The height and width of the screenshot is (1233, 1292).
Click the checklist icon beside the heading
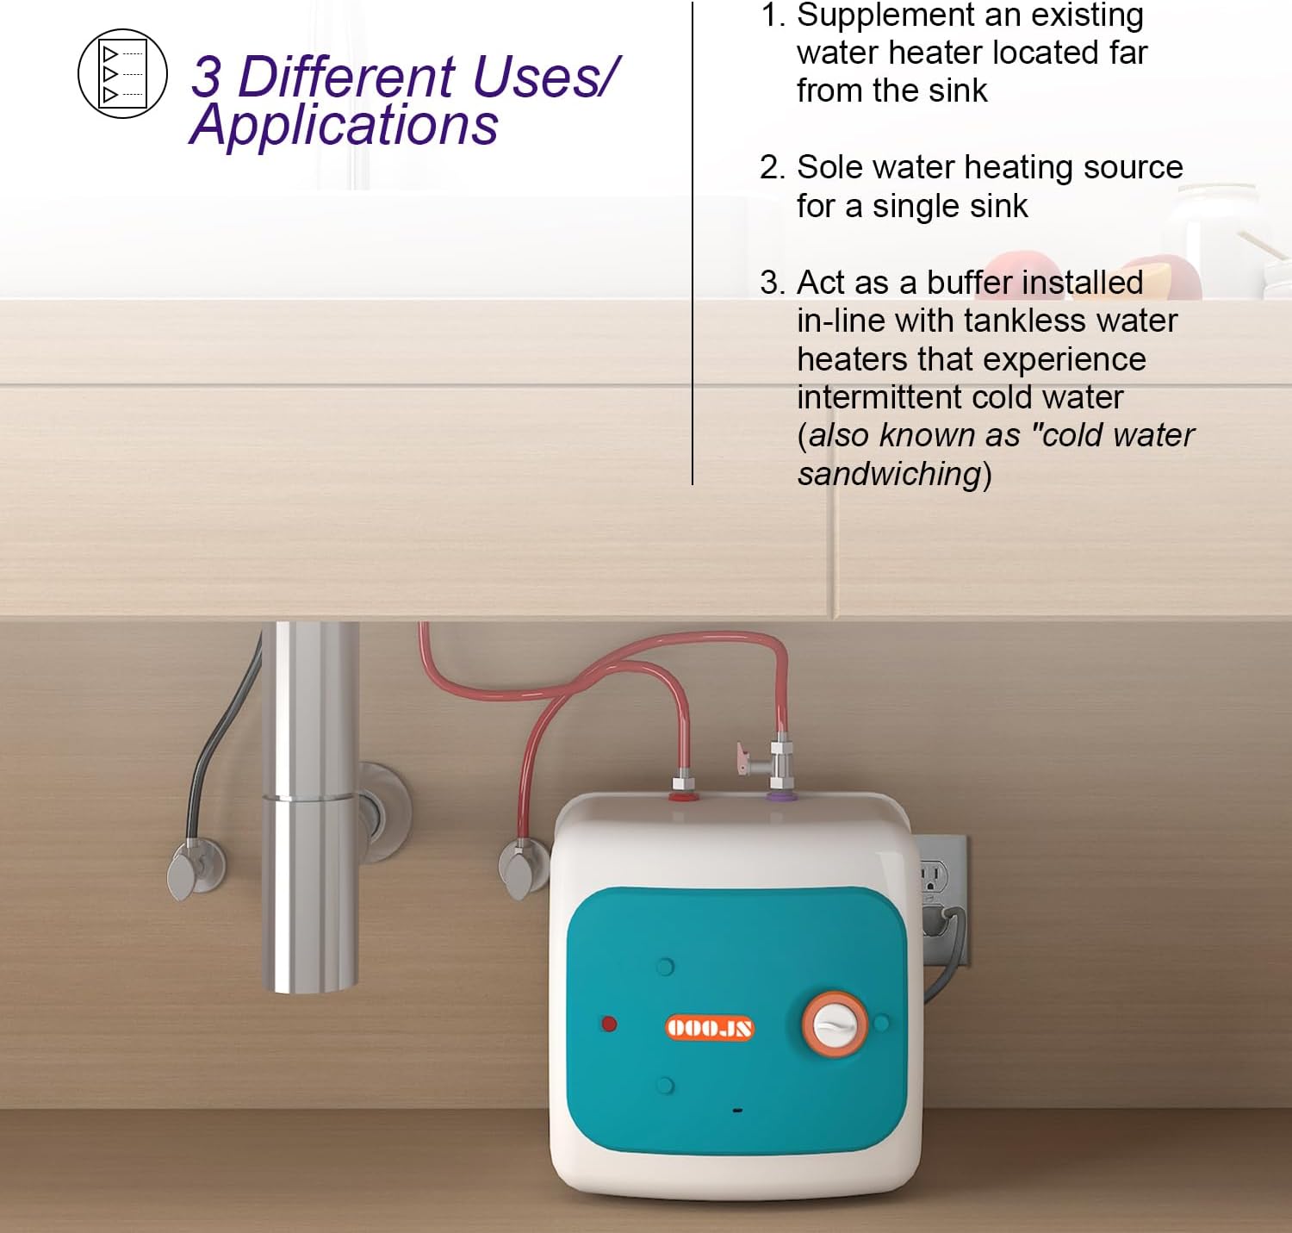(x=123, y=73)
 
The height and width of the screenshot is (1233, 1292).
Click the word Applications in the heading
(x=344, y=126)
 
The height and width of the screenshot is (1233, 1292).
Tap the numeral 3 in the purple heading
(x=207, y=78)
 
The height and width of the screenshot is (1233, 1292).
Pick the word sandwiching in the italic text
(x=889, y=474)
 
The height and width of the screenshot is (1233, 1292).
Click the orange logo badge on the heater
(x=710, y=1027)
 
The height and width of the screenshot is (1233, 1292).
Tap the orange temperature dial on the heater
(x=834, y=1024)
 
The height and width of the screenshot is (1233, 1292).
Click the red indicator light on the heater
(x=609, y=1024)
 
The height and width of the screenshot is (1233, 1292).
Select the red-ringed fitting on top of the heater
(x=684, y=794)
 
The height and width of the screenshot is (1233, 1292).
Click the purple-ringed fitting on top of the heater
(x=781, y=795)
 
